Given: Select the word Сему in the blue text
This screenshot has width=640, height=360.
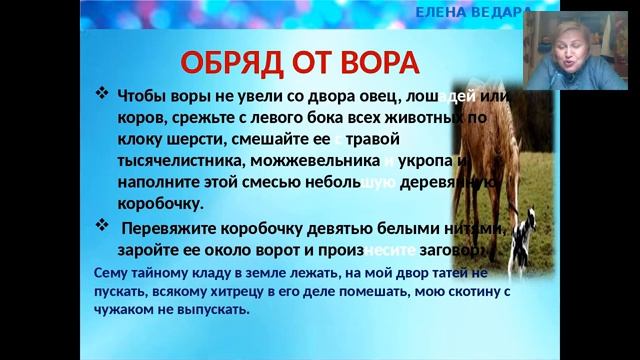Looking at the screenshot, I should click(111, 272).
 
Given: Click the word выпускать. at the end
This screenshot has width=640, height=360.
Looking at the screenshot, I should click(215, 309).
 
